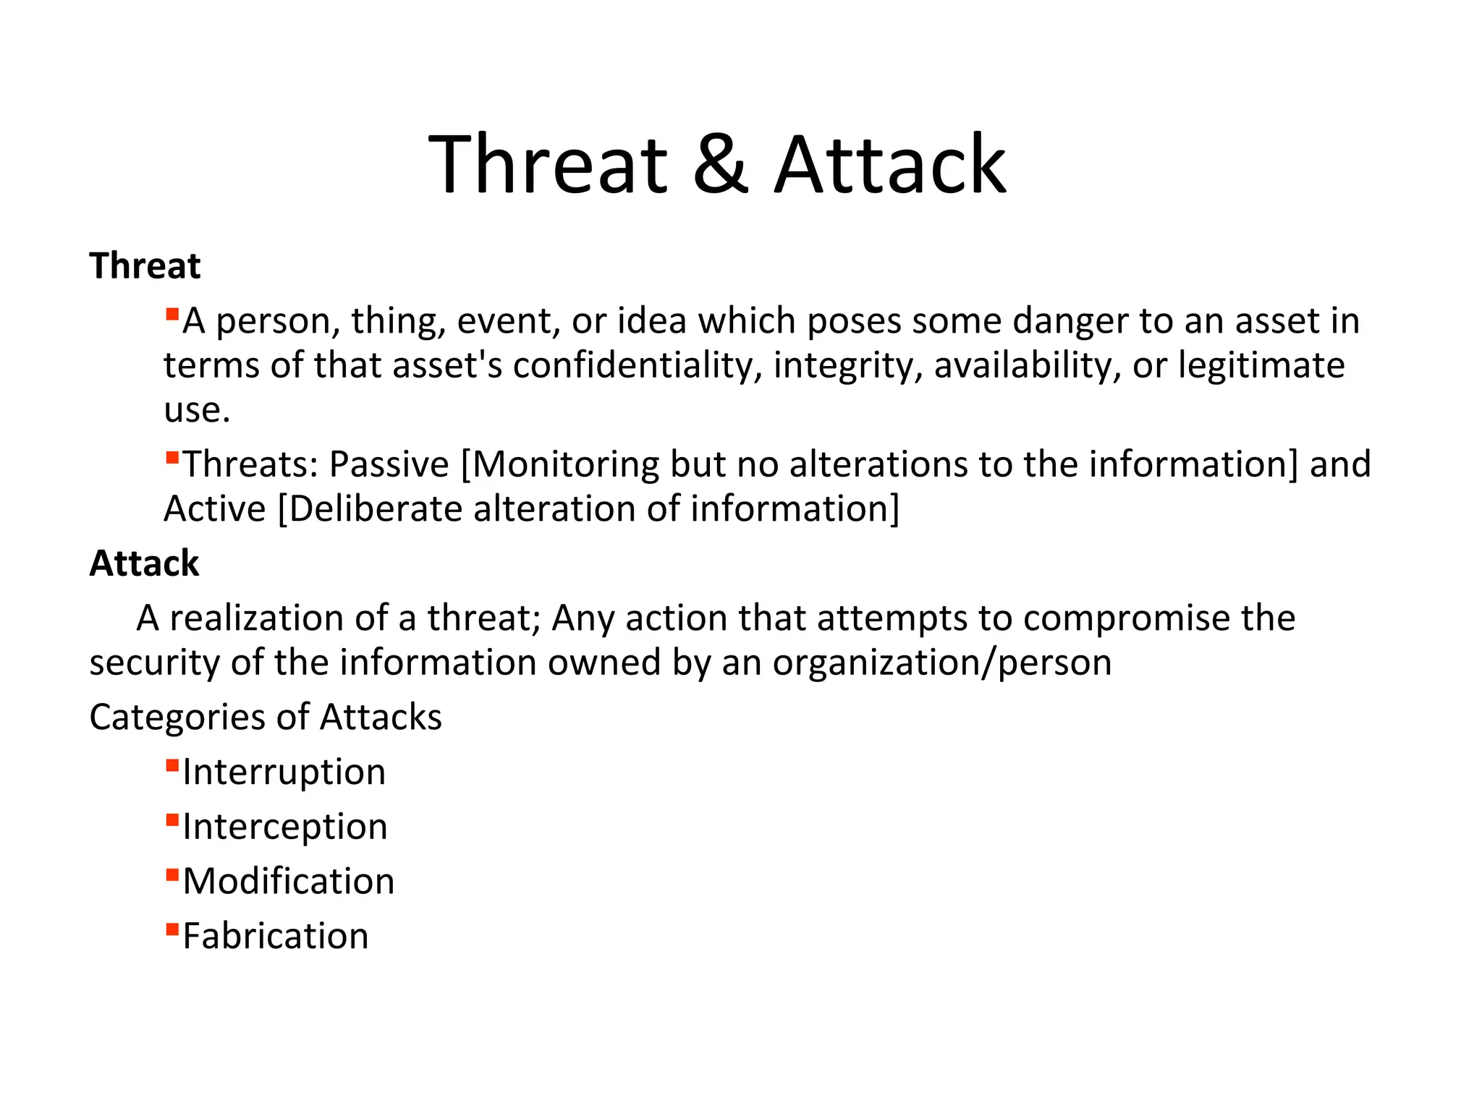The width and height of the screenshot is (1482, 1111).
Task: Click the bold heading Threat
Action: [145, 265]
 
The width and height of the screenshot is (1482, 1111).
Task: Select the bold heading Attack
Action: [144, 563]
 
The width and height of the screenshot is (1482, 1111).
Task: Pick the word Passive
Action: [389, 464]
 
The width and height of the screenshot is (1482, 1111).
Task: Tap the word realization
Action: [256, 618]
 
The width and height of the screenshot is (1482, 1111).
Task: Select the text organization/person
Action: [941, 663]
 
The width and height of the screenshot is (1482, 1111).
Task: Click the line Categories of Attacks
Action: [266, 717]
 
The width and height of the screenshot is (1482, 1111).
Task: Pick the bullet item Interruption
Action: [284, 772]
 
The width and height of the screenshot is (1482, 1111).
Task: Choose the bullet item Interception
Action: [284, 827]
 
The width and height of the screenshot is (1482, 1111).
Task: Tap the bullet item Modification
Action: [288, 882]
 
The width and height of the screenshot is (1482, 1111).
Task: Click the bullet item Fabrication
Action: [275, 936]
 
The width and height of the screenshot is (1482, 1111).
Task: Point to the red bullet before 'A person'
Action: [172, 314]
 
